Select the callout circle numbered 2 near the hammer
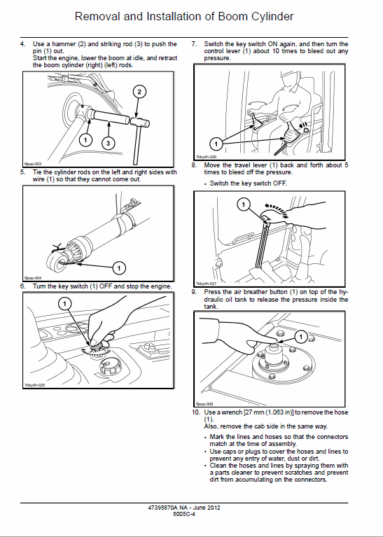click(x=140, y=92)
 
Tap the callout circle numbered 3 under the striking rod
click(x=107, y=143)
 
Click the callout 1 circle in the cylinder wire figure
click(x=118, y=267)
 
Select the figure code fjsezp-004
click(x=33, y=277)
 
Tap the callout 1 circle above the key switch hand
click(x=64, y=303)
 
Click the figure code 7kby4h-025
click(x=35, y=385)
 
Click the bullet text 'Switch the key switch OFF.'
click(x=248, y=183)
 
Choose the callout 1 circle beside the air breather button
click(x=300, y=335)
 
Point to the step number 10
click(x=195, y=412)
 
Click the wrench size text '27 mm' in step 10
click(x=263, y=412)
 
